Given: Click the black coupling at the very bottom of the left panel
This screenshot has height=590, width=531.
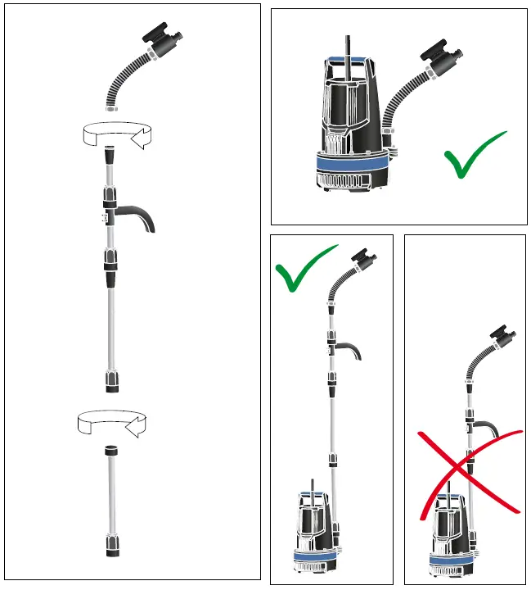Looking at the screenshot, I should pyautogui.click(x=112, y=544).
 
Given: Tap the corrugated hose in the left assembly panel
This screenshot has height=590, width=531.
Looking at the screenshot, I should pyautogui.click(x=123, y=82).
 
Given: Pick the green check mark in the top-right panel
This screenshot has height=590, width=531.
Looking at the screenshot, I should pyautogui.click(x=475, y=156).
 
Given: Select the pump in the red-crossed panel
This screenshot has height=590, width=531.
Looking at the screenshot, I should pyautogui.click(x=450, y=537).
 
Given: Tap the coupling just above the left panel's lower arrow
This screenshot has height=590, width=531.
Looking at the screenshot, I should pyautogui.click(x=110, y=381).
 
